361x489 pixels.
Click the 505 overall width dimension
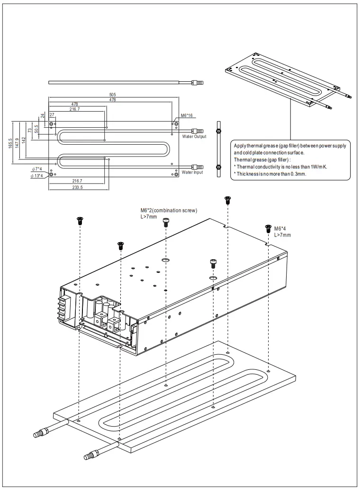click(113, 94)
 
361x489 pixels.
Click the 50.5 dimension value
click(37, 129)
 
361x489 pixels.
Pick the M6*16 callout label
click(188, 115)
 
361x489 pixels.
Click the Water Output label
click(194, 137)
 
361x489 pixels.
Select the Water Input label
click(193, 173)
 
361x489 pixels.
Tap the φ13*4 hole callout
click(37, 175)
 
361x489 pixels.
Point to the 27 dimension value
click(52, 114)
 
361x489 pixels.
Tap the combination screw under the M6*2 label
click(166, 222)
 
